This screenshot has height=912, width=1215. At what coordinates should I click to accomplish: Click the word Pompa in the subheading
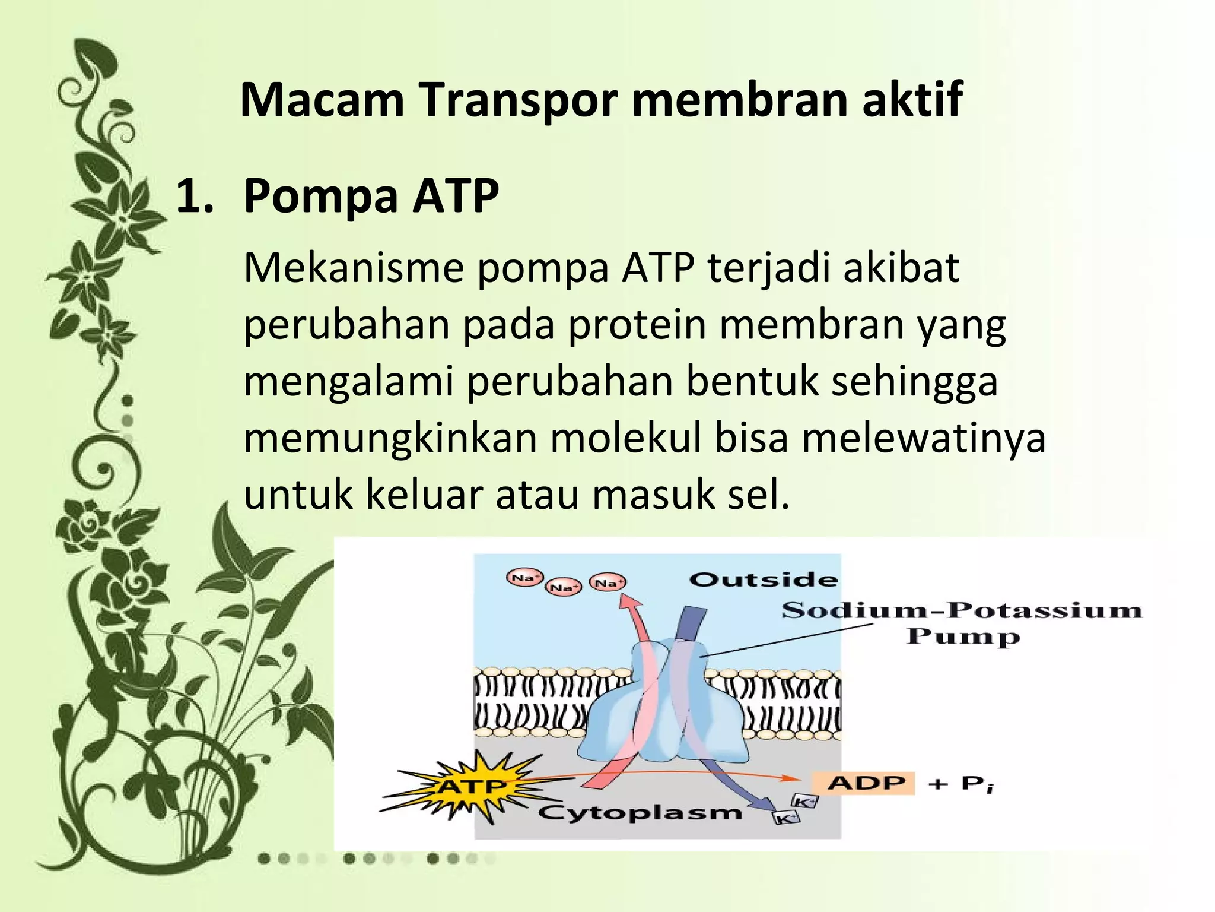pos(320,197)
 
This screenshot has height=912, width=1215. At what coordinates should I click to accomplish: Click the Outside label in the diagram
pos(764,579)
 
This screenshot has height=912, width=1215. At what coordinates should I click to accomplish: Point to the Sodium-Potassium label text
pos(962,610)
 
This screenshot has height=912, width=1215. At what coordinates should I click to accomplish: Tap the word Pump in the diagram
pos(963,636)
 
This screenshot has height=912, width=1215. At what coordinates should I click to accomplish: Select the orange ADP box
pos(863,783)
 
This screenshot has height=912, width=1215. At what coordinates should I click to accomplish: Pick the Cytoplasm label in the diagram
pos(640,812)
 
